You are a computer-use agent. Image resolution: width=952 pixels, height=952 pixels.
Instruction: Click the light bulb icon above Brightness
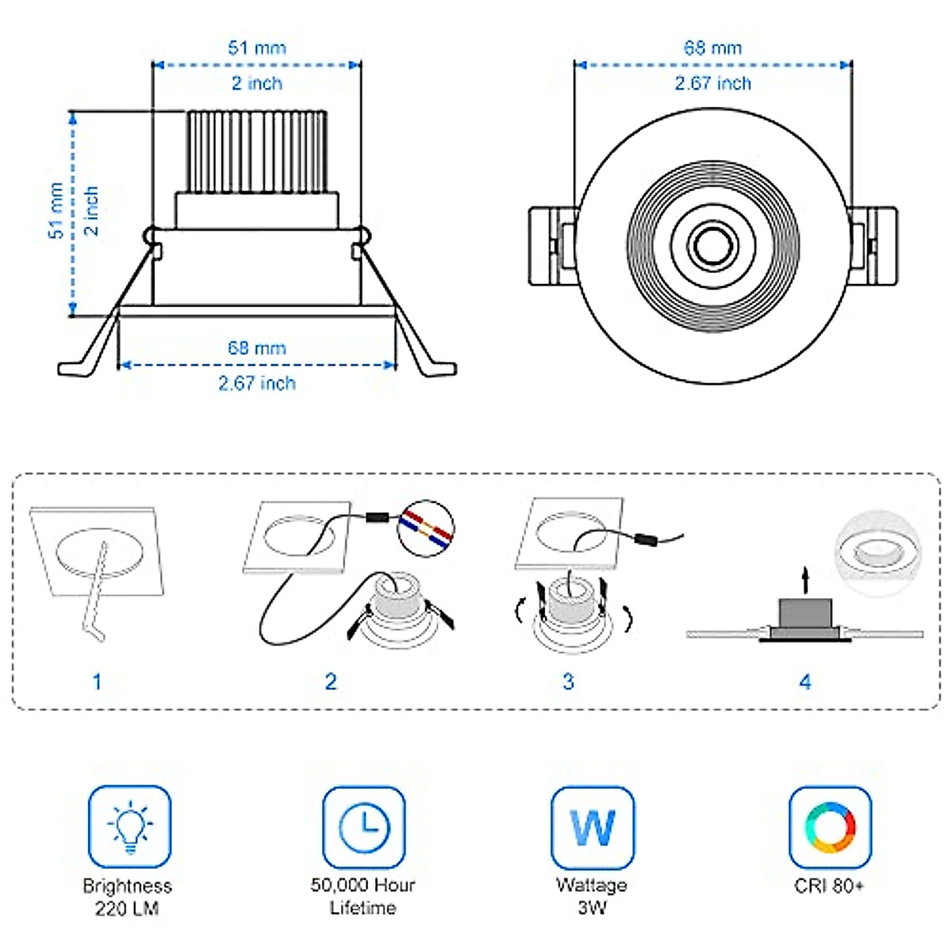click(x=129, y=827)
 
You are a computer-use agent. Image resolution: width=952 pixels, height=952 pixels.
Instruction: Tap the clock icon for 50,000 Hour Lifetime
click(x=363, y=827)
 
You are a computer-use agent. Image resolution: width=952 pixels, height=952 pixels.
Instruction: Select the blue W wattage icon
click(x=592, y=827)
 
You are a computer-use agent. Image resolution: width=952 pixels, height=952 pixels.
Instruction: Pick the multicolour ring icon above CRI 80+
click(x=830, y=827)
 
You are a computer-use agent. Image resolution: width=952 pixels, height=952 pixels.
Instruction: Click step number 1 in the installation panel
click(x=97, y=681)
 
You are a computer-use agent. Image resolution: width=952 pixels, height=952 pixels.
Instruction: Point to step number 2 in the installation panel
click(x=331, y=681)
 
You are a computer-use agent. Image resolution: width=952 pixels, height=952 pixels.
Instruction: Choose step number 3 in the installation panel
click(x=568, y=681)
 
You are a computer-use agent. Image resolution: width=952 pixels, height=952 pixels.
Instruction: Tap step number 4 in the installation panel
click(x=805, y=681)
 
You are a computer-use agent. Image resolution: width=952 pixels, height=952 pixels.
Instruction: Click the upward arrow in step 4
click(x=805, y=579)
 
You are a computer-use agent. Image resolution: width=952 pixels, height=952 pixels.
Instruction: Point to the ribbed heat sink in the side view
click(x=257, y=151)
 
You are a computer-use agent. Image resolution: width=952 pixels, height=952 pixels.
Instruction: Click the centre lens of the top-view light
click(x=712, y=245)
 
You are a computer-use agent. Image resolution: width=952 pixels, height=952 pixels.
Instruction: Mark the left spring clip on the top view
click(x=552, y=245)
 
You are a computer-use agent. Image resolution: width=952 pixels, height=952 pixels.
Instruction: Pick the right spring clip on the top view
click(x=873, y=245)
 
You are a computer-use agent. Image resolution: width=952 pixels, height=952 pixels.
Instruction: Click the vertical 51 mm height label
click(x=56, y=211)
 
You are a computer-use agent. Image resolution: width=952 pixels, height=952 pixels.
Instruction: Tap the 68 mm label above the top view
click(x=712, y=48)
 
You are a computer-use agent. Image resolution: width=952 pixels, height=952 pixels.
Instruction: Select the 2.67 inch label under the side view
click(x=257, y=383)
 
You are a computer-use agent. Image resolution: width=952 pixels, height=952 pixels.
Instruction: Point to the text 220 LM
click(x=127, y=908)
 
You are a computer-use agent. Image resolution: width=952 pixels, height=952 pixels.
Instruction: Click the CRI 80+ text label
click(x=829, y=885)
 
